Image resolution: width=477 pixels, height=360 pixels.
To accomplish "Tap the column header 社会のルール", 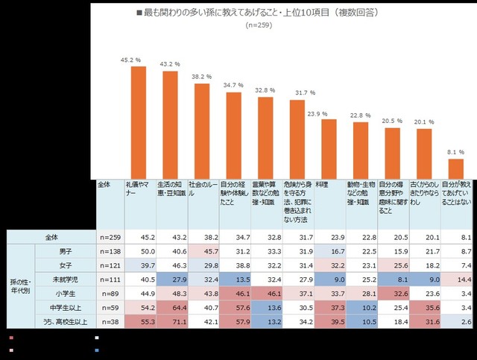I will (x=203, y=184).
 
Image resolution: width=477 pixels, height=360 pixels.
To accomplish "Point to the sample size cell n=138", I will (x=110, y=252).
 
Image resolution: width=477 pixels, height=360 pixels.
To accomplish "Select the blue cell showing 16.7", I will (x=330, y=252).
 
